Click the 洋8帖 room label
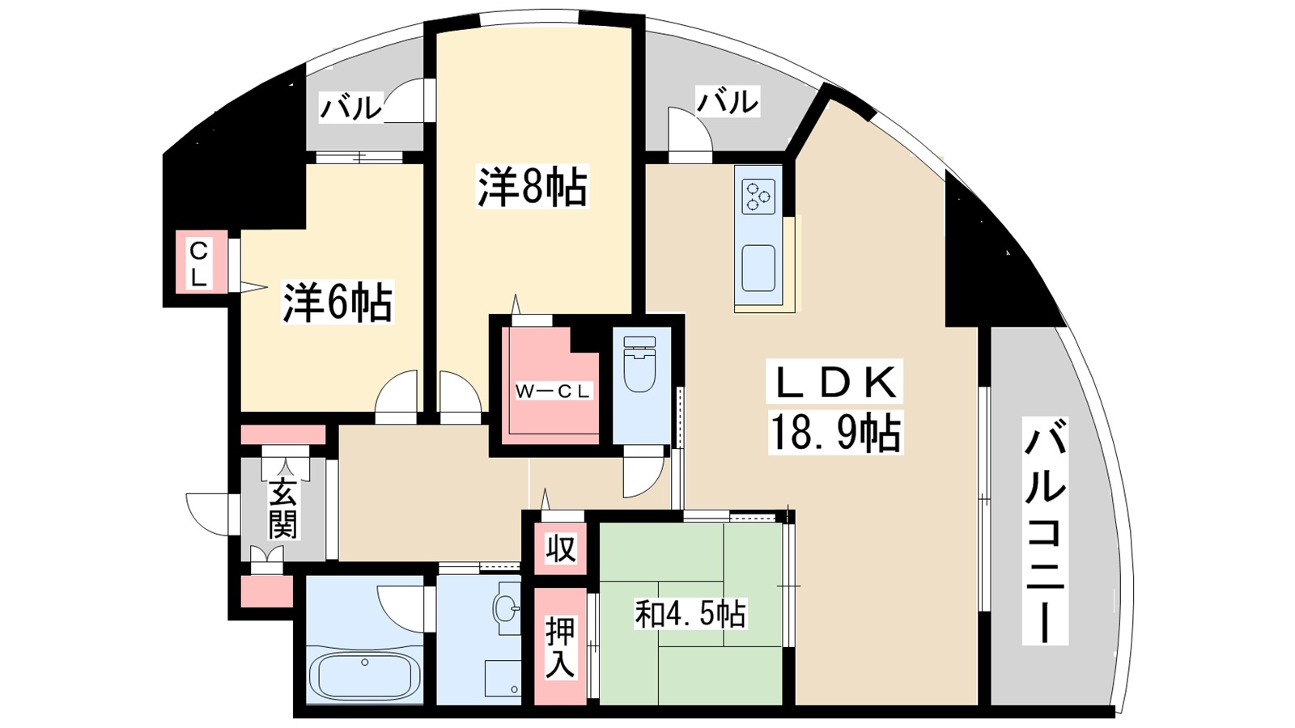[x=532, y=187]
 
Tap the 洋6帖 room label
[x=337, y=302]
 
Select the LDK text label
[x=835, y=383]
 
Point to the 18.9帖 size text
[x=835, y=433]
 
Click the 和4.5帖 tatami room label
[x=690, y=614]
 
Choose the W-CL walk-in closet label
[x=554, y=392]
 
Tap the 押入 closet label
[x=559, y=647]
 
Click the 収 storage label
[x=559, y=549]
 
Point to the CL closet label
[x=199, y=264]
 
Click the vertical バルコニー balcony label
[x=1044, y=531]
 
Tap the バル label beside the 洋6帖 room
[x=350, y=107]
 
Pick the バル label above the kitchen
[x=728, y=102]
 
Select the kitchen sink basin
[x=758, y=268]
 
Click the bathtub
[x=364, y=675]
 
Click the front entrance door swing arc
[x=209, y=514]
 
